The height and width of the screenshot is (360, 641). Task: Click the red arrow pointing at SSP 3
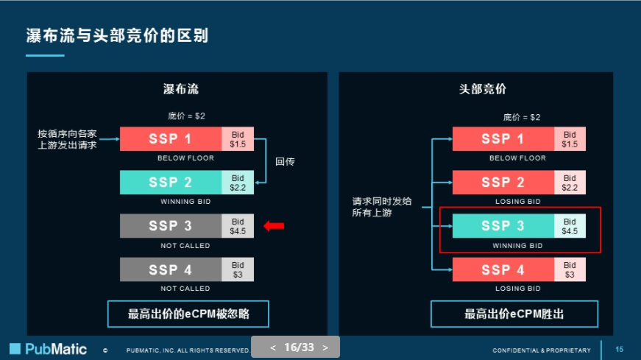[x=274, y=226]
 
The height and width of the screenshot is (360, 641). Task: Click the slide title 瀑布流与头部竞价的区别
[x=117, y=35]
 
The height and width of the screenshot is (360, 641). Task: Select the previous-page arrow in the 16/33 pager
[x=273, y=347]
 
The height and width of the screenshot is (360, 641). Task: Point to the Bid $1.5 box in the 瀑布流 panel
[x=238, y=139]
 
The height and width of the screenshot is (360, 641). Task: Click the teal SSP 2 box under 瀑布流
[x=171, y=183]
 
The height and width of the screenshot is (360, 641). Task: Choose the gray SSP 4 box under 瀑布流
[x=171, y=269]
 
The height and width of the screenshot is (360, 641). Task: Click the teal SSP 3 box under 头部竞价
[x=503, y=226]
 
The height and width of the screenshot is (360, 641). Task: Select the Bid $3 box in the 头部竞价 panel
[x=570, y=269]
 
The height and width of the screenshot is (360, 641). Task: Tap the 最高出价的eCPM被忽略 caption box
[x=188, y=314]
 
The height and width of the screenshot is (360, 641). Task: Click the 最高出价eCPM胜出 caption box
[x=514, y=314]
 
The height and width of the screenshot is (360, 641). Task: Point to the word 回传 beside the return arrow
[x=285, y=161]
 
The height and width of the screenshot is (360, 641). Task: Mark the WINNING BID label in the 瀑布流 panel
[x=185, y=202]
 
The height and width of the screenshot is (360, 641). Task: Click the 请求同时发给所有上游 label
[x=382, y=206]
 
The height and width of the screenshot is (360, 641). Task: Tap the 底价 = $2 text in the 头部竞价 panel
[x=521, y=117]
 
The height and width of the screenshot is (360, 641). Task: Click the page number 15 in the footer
[x=619, y=349]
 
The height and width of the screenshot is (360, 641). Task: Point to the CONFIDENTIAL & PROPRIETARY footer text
[x=541, y=350]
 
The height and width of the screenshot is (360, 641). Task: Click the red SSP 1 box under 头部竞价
[x=503, y=139]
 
